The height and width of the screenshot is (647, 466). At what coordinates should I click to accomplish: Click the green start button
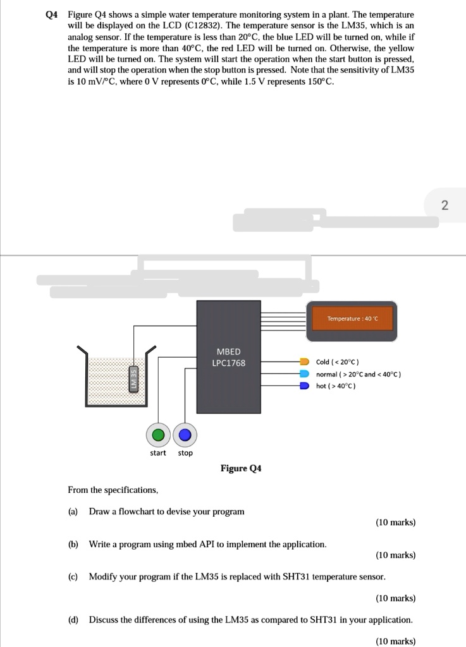(159, 435)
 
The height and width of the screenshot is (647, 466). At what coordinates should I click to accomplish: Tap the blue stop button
(185, 435)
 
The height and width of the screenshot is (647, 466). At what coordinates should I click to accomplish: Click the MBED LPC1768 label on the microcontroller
(228, 357)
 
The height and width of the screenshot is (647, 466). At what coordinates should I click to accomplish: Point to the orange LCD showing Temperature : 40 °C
(352, 318)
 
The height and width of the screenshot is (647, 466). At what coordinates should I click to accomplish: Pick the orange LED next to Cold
(304, 362)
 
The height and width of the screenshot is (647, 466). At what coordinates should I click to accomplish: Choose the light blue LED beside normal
(304, 374)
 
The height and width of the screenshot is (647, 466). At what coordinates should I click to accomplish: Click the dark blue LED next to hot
(304, 385)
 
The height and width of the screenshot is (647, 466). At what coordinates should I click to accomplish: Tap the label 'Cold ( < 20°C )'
(338, 362)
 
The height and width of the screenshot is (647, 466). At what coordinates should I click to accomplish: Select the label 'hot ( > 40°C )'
(336, 385)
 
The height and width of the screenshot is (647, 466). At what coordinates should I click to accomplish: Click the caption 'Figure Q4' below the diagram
(240, 468)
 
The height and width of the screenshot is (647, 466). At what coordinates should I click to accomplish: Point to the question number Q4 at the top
(52, 14)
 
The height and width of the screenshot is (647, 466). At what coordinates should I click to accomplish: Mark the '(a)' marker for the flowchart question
(73, 511)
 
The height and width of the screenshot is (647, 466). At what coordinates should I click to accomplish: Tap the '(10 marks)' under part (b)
(395, 555)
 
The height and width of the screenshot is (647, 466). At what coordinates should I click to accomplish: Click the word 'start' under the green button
(158, 453)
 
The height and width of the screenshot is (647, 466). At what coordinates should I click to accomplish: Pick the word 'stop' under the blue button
(185, 453)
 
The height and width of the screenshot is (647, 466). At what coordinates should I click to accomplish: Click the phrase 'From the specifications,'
(113, 490)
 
